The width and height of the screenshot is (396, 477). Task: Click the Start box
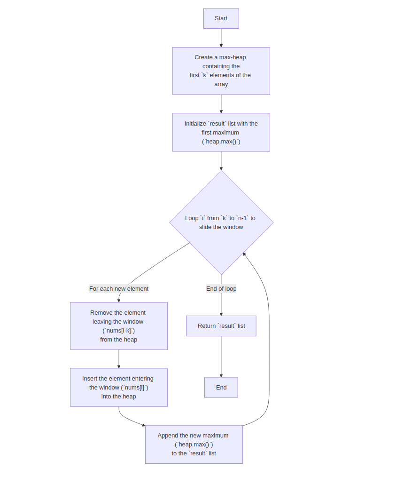tap(221, 18)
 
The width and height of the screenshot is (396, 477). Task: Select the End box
tap(221, 387)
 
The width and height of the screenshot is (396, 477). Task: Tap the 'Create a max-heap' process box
tap(221, 71)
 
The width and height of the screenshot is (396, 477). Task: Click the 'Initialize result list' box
tap(221, 132)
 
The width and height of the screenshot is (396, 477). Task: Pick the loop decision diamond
tap(221, 222)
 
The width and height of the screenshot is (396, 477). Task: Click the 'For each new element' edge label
tap(119, 288)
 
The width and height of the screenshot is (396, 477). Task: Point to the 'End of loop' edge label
tap(221, 288)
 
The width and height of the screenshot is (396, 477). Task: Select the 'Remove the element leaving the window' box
tap(118, 326)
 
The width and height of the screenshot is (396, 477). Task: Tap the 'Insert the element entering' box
tap(118, 387)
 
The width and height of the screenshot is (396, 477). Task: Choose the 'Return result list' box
tap(221, 326)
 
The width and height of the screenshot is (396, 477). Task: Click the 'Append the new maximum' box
tap(194, 444)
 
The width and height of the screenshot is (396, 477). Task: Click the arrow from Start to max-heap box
tap(221, 38)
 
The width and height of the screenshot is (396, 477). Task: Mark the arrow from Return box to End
tap(221, 357)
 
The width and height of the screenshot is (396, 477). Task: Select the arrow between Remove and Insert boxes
tap(118, 359)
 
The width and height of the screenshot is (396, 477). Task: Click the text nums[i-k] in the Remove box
tap(118, 330)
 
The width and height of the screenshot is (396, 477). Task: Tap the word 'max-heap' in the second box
tap(233, 57)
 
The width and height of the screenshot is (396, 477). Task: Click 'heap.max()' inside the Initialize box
tap(221, 141)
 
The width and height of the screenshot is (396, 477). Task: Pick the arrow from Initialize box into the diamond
tap(221, 161)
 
